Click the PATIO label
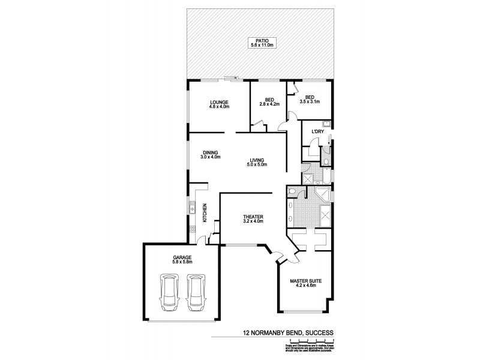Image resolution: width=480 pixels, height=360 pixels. pyautogui.click(x=257, y=43)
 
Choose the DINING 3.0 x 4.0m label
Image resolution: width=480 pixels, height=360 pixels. pyautogui.click(x=210, y=155)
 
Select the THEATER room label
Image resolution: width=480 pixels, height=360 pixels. pyautogui.click(x=254, y=219)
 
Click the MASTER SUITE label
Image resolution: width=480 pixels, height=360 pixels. pyautogui.click(x=302, y=282)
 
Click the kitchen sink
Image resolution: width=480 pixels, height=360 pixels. pyautogui.click(x=192, y=208)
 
